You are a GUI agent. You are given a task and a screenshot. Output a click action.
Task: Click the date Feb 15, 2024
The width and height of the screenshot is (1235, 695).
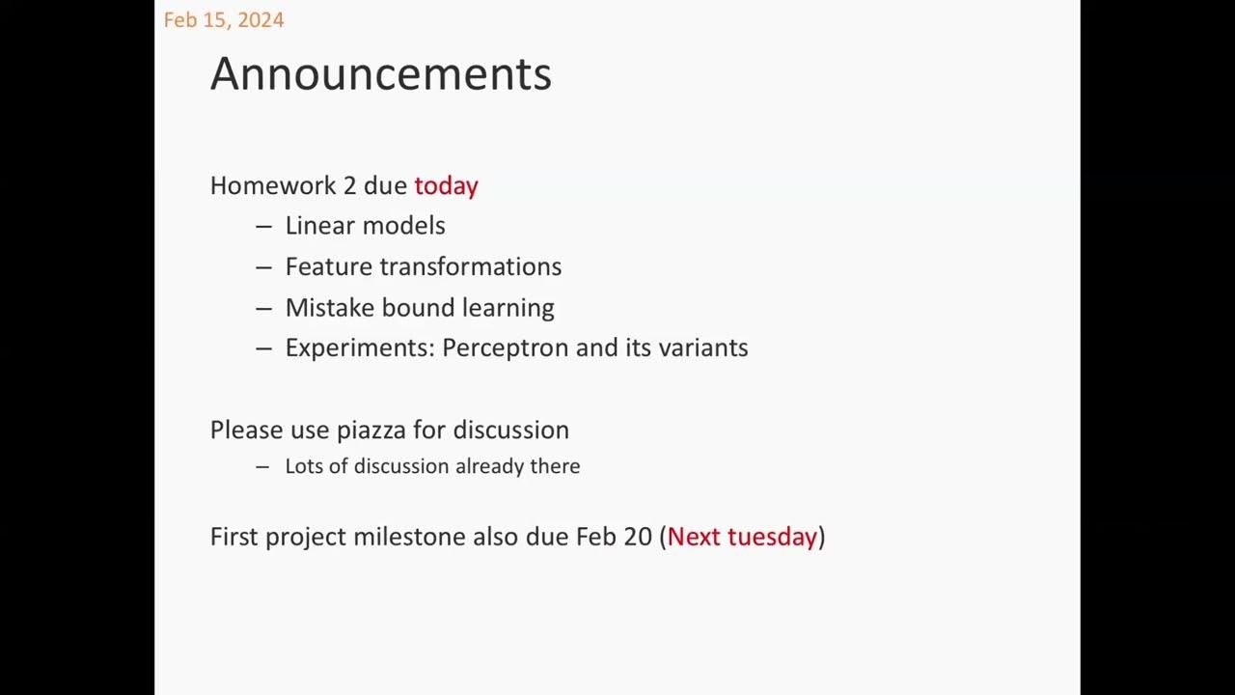point(224,20)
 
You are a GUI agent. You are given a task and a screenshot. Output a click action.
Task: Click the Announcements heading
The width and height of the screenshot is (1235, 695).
point(381,73)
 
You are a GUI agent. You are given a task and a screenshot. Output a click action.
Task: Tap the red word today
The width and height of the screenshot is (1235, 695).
point(446,186)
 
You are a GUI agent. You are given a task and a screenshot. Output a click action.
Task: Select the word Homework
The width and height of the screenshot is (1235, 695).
point(273,185)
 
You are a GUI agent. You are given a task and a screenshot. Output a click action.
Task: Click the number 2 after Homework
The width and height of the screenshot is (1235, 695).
point(349,186)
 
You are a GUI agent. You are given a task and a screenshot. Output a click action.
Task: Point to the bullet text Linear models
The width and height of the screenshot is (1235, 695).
point(365,226)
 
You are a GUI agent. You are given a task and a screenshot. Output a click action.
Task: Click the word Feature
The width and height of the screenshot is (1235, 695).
point(329,266)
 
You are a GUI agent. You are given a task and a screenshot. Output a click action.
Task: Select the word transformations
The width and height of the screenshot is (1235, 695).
point(471,266)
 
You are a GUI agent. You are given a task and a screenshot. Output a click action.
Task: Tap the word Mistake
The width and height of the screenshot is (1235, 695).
point(330,307)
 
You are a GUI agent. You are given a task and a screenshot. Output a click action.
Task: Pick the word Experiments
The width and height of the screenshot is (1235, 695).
point(360,348)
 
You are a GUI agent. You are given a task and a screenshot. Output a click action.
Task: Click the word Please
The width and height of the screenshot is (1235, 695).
point(246,430)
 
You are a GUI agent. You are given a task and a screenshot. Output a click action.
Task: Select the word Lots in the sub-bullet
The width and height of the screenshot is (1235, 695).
point(303,466)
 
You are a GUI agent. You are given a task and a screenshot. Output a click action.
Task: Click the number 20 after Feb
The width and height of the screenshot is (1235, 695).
point(638,537)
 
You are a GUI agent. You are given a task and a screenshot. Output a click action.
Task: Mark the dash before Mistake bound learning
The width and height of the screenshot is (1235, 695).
point(263,308)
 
